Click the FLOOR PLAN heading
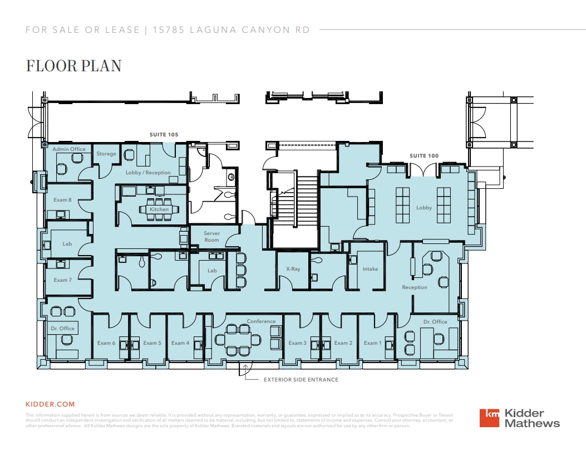(73, 66)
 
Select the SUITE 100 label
(424, 156)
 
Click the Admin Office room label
(69, 149)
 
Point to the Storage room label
(106, 154)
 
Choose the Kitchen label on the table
(159, 209)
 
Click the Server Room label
(211, 237)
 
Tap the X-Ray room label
(293, 269)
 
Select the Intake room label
(370, 269)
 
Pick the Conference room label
(261, 321)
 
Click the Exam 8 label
(62, 200)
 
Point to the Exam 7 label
(62, 280)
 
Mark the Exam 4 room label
(180, 343)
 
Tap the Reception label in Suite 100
(415, 287)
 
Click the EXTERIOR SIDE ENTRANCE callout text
(301, 380)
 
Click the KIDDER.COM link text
(50, 404)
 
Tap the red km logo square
(490, 418)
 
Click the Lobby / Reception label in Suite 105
(148, 173)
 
